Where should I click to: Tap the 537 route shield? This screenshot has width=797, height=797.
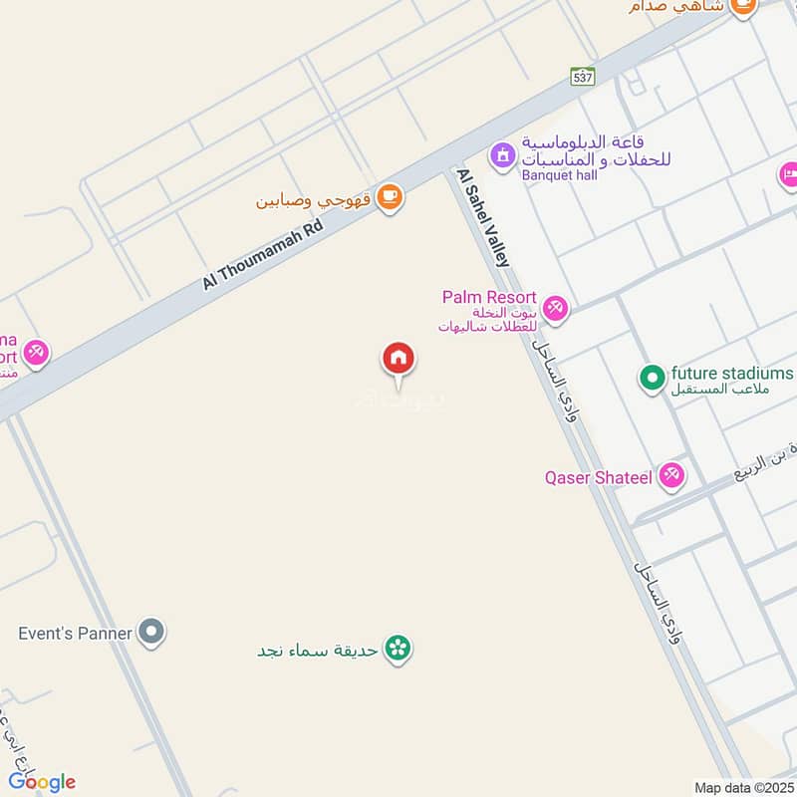583,76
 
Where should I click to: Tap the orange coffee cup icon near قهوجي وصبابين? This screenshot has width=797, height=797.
391,198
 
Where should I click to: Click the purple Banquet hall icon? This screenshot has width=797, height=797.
501,155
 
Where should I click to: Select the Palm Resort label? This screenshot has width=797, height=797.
490,298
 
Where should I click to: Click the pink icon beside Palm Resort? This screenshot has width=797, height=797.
556,307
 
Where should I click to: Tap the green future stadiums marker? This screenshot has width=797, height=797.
652,377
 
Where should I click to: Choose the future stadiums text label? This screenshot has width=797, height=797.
732,373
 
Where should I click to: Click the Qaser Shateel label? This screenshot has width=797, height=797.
598,477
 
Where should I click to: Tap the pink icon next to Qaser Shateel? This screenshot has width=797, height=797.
672,476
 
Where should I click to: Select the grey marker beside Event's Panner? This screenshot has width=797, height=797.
150,632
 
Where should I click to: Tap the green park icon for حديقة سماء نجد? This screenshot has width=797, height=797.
398,649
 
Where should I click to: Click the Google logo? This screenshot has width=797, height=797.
42,781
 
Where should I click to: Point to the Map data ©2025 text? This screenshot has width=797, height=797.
741,787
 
